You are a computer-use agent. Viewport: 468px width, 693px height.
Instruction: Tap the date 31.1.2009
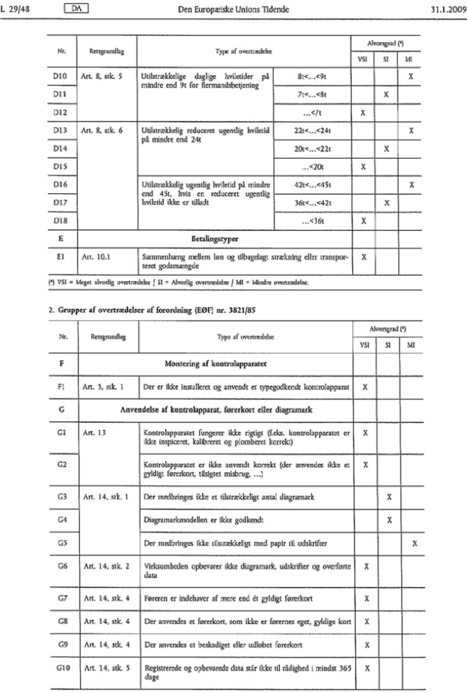point(448,10)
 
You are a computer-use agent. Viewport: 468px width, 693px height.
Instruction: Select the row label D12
point(60,112)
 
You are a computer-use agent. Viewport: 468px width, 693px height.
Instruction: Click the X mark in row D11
point(386,95)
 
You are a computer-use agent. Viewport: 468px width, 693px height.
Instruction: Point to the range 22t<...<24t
point(312,131)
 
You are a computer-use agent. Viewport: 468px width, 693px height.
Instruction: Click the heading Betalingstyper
point(214,239)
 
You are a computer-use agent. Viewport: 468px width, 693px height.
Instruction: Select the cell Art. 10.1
point(96,257)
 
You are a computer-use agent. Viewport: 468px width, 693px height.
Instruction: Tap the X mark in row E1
point(364,257)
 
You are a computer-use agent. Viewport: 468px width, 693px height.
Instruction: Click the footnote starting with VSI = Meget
point(179,283)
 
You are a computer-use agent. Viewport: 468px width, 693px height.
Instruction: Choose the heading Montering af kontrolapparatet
point(215,364)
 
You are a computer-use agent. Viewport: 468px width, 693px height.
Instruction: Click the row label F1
point(61,387)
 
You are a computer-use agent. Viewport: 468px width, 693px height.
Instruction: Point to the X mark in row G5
point(414,543)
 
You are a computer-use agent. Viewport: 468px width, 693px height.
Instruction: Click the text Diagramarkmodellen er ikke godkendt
point(204,520)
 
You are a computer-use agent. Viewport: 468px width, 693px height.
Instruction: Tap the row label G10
point(63,668)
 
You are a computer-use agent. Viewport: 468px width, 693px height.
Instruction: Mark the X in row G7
point(367,599)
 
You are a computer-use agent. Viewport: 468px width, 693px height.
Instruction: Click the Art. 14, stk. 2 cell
point(107,567)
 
